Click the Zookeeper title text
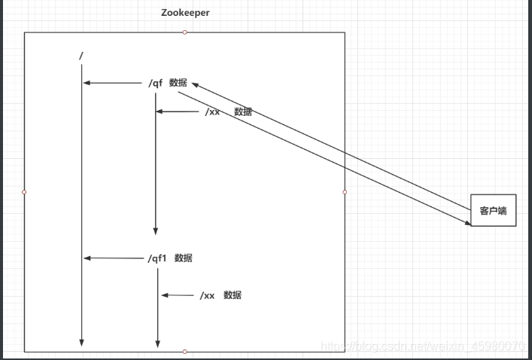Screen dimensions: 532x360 tap(185, 13)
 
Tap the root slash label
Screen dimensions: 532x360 tap(81, 56)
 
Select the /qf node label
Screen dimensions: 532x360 tap(155, 83)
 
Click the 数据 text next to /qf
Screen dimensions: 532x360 tap(178, 83)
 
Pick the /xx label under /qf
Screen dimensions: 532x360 tap(212, 111)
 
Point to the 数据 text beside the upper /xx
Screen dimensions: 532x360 tap(243, 111)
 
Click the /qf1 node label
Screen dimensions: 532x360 tap(157, 258)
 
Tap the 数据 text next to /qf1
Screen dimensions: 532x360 tap(184, 258)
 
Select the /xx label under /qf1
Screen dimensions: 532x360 tap(208, 295)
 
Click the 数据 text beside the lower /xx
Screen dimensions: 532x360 tap(233, 295)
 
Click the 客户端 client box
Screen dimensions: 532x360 tap(493, 211)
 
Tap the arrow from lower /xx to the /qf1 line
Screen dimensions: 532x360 tap(178, 295)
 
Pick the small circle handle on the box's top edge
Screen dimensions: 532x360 tap(185, 32)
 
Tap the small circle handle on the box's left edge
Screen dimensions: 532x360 tap(24, 192)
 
